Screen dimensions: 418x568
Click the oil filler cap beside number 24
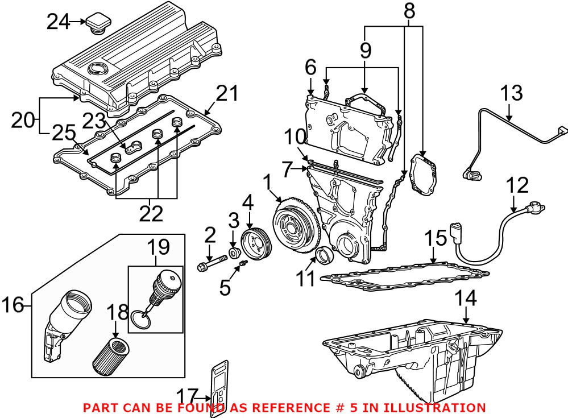pyautogui.click(x=98, y=25)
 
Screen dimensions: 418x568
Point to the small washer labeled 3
pyautogui.click(x=233, y=252)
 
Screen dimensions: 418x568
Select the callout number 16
pyautogui.click(x=13, y=305)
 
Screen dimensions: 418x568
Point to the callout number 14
pyautogui.click(x=466, y=299)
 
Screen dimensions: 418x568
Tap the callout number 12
pyautogui.click(x=517, y=185)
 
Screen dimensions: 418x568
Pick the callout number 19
pyautogui.click(x=159, y=248)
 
